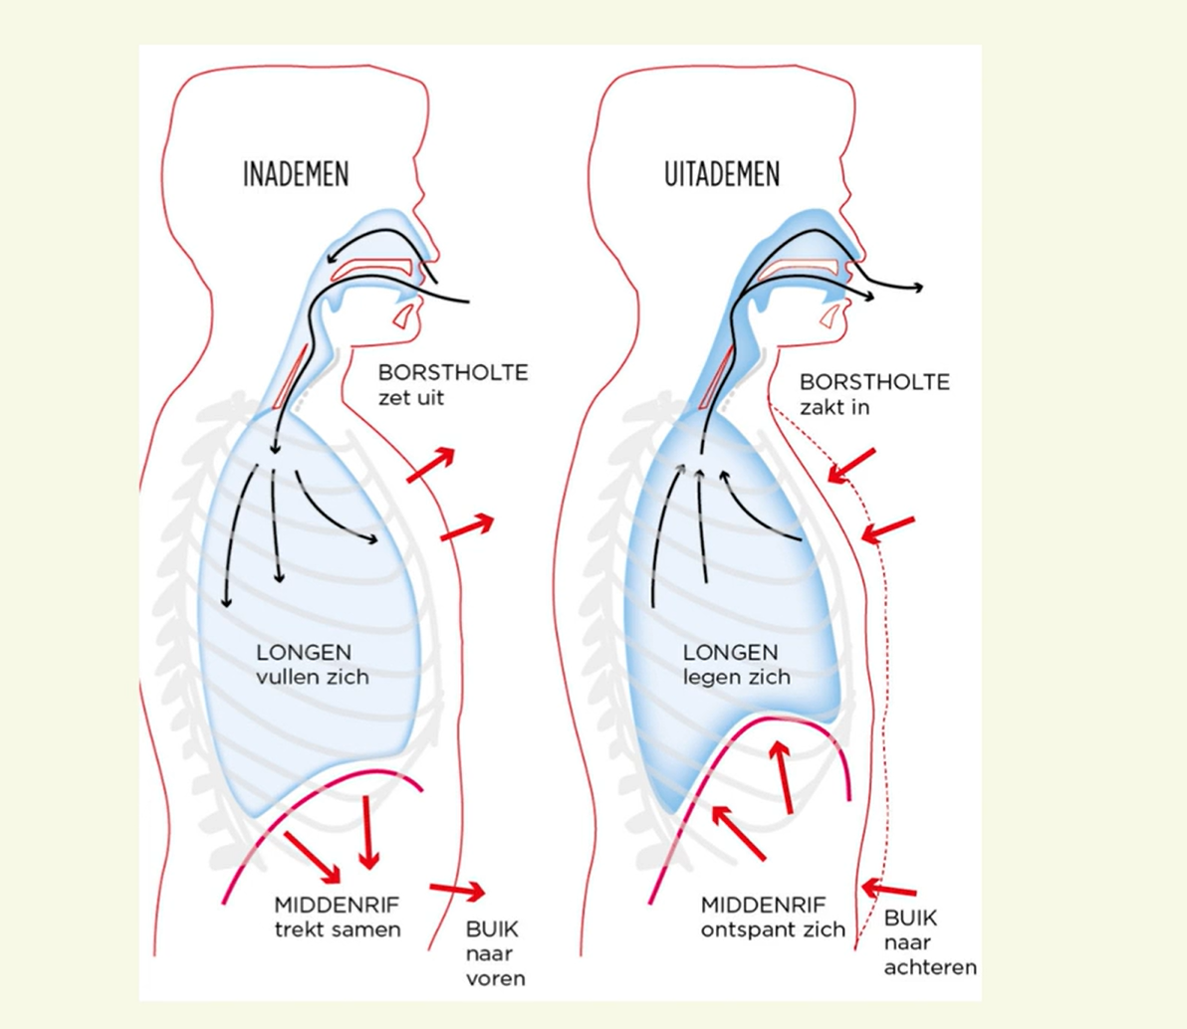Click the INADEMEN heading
[x=296, y=175]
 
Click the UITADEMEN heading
[x=722, y=175]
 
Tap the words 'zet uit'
[x=410, y=398]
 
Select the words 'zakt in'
[x=834, y=407]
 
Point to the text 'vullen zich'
[x=313, y=677]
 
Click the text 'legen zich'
[x=737, y=677]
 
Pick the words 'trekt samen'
[x=338, y=929]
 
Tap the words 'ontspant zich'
[x=773, y=929]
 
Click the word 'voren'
[x=495, y=978]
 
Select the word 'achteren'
[x=930, y=966]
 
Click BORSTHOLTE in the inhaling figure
[x=453, y=373]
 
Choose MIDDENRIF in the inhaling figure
[x=337, y=906]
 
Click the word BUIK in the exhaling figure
[x=910, y=919]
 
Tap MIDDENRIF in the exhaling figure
[x=763, y=906]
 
